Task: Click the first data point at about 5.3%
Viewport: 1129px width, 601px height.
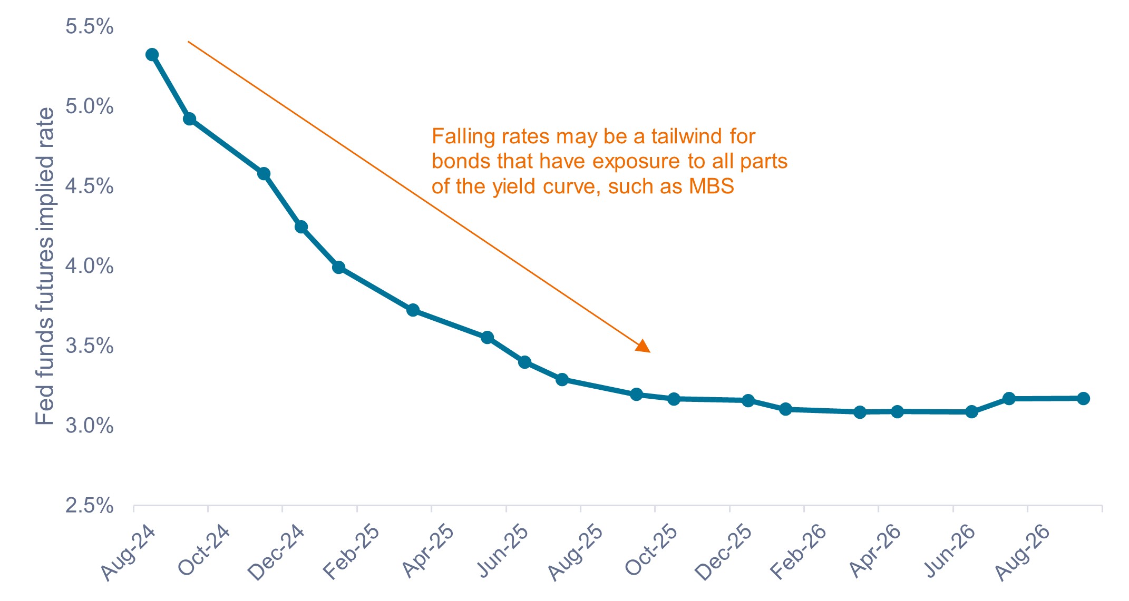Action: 152,55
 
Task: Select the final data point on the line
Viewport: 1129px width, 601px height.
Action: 1083,398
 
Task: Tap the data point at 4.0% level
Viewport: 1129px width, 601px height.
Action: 338,268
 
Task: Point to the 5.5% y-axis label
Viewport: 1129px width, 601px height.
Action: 89,26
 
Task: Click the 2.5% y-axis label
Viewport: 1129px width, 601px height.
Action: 89,506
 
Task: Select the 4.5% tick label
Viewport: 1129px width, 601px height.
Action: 89,186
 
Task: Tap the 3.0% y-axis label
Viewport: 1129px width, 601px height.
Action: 89,426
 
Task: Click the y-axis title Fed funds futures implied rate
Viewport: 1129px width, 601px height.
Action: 45,266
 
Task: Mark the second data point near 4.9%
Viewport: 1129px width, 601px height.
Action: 189,119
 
